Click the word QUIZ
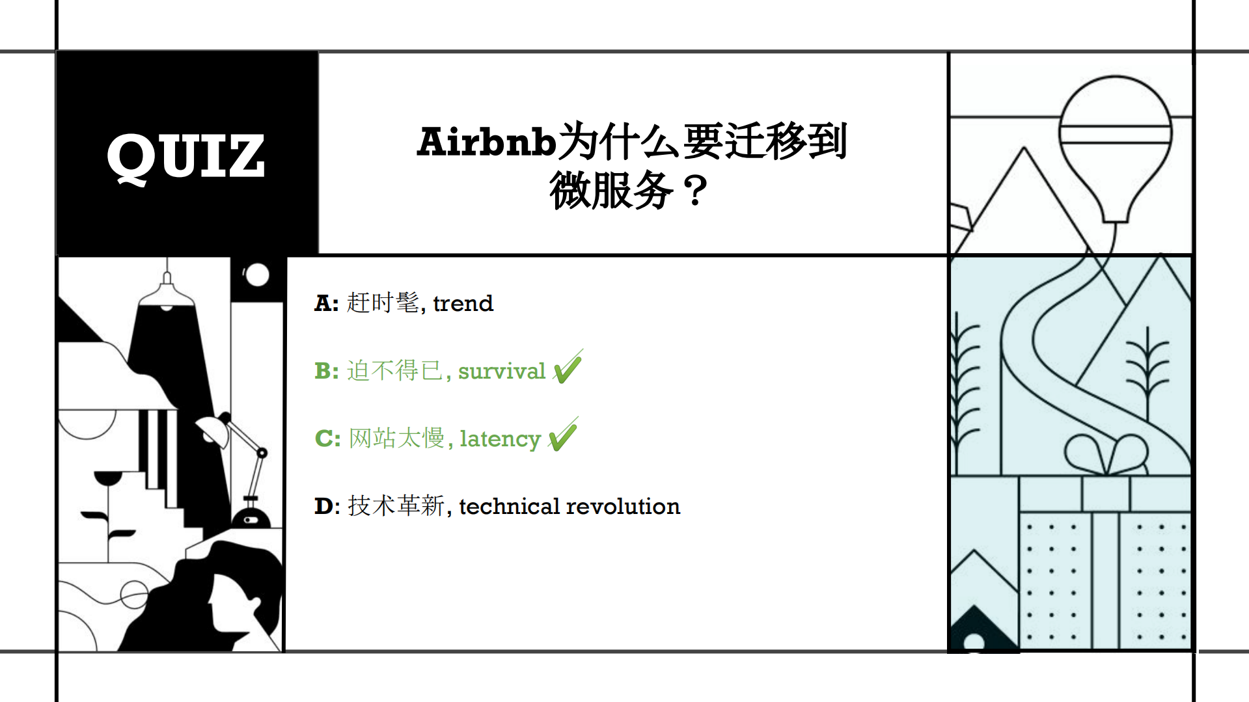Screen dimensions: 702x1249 186,156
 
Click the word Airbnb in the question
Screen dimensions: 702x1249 486,142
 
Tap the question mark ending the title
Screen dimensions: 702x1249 695,191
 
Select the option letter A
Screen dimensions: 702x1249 323,303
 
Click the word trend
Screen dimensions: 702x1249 463,303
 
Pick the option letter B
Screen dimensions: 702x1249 324,371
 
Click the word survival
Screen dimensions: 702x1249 501,371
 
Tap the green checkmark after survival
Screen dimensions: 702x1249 568,367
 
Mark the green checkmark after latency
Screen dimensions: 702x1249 563,435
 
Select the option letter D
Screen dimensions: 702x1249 324,506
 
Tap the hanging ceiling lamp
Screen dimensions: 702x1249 167,296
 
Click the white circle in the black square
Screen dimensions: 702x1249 257,275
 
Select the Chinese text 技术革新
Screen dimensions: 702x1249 396,506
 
